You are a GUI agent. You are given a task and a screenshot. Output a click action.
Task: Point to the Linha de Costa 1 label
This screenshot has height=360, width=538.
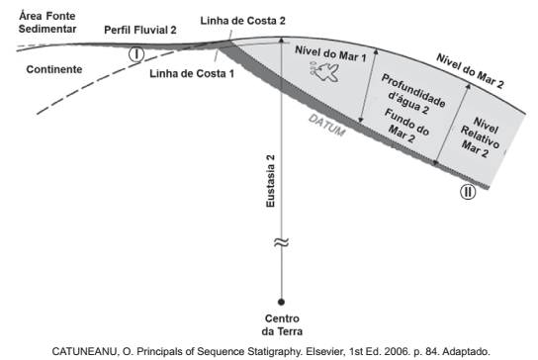click(192, 72)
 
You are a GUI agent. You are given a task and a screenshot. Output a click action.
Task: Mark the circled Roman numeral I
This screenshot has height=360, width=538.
click(137, 53)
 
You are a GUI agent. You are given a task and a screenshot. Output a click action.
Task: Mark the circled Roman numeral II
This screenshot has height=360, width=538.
click(467, 192)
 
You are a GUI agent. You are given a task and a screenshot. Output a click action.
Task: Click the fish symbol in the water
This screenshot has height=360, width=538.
click(324, 71)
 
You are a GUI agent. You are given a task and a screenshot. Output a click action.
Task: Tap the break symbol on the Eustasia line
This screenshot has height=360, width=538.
click(282, 245)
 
